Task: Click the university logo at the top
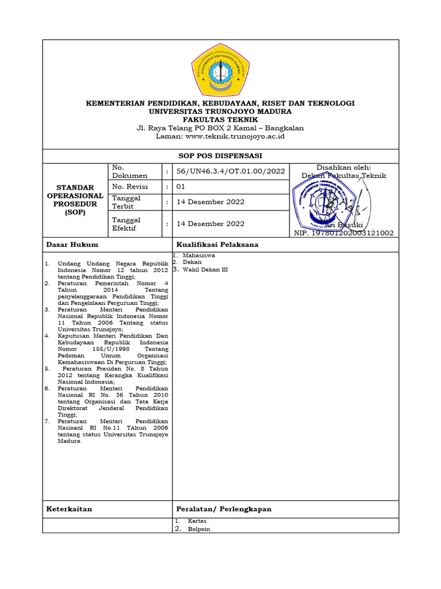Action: pos(220,71)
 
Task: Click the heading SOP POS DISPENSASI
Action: pos(220,156)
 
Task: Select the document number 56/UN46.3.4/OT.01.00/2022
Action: pos(231,171)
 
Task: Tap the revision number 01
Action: pos(181,187)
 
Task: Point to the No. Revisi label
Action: pos(130,187)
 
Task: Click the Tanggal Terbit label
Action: pos(126,202)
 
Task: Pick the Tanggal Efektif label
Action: pos(126,224)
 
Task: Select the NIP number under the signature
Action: pos(343,233)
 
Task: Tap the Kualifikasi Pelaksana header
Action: pos(217,244)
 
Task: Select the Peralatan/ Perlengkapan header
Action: pos(224,509)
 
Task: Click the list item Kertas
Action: pos(197,521)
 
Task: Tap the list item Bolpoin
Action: pos(199,529)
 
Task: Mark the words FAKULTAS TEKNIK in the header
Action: pos(220,120)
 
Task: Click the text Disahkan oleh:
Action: pos(344,167)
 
